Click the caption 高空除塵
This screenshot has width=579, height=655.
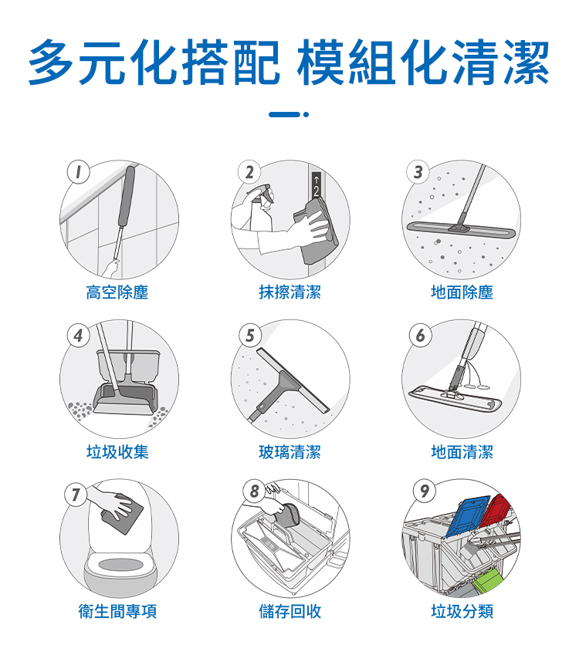pyautogui.click(x=117, y=292)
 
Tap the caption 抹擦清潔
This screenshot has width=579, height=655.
pyautogui.click(x=289, y=292)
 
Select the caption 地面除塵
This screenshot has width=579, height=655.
pyautogui.click(x=462, y=292)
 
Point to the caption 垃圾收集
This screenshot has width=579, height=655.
pyautogui.click(x=117, y=451)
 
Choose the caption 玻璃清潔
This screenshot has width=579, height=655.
pyautogui.click(x=289, y=451)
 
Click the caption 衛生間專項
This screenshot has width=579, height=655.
pyautogui.click(x=117, y=611)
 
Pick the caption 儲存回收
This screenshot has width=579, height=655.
pyautogui.click(x=289, y=611)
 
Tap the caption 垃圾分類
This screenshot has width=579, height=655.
pyautogui.click(x=462, y=611)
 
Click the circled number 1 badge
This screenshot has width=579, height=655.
pyautogui.click(x=79, y=172)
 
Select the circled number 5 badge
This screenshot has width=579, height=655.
pyautogui.click(x=250, y=335)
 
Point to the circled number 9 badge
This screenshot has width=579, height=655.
pyautogui.click(x=425, y=491)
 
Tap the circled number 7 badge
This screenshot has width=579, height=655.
pyautogui.click(x=76, y=495)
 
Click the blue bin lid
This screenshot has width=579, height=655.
pyautogui.click(x=467, y=515)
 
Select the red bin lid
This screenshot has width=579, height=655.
pyautogui.click(x=496, y=511)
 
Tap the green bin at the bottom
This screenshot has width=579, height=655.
pyautogui.click(x=489, y=582)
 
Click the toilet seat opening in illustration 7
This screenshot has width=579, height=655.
pyautogui.click(x=120, y=566)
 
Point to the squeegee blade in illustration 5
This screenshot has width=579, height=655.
pyautogui.click(x=293, y=380)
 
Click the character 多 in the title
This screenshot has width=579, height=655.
pyautogui.click(x=52, y=62)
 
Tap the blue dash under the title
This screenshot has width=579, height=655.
pyautogui.click(x=284, y=114)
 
